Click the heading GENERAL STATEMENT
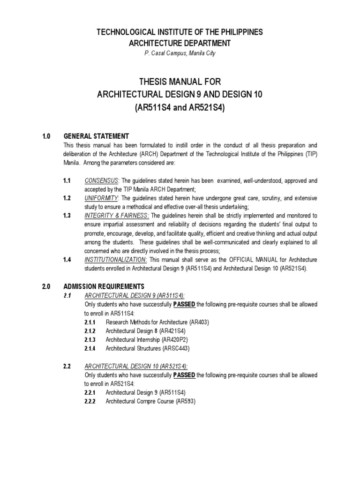[96, 136]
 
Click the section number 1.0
[46, 136]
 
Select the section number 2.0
[46, 286]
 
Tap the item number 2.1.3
[90, 340]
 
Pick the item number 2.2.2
[90, 402]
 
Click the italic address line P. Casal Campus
[180, 53]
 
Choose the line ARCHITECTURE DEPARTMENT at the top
[180, 43]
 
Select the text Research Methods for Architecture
[146, 322]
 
